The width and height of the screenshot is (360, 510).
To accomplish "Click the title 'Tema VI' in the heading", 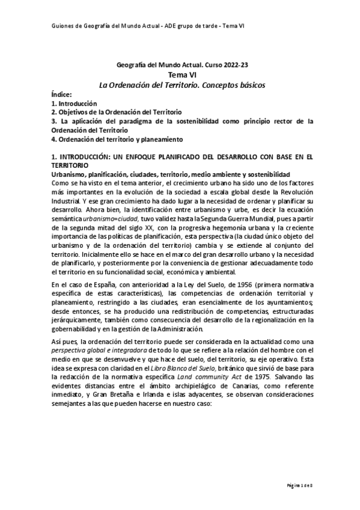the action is pos(181,73).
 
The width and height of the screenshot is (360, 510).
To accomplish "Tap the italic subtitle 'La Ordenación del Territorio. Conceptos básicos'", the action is pos(181,84).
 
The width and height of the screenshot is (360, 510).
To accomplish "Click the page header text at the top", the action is pos(142,26).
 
